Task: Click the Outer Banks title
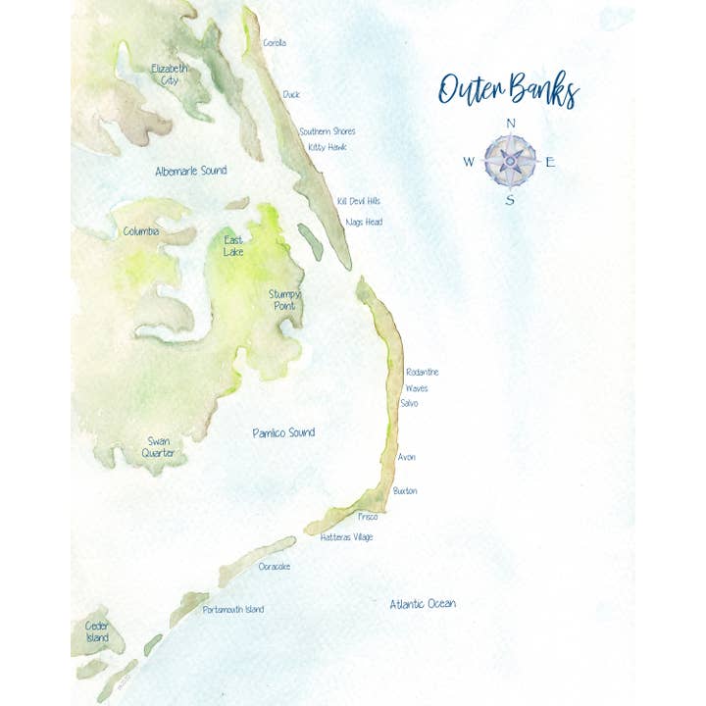point(508,90)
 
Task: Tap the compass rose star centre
point(510,160)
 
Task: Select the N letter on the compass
point(510,123)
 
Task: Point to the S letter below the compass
point(510,200)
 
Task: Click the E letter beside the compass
point(550,162)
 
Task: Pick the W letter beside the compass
point(469,162)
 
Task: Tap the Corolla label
point(275,43)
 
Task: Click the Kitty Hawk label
point(328,147)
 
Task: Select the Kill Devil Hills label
point(358,201)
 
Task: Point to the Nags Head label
point(364,223)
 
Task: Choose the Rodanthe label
point(422,373)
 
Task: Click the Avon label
point(407,458)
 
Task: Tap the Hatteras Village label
point(346,537)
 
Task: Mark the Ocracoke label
point(275,567)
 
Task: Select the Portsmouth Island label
point(232,610)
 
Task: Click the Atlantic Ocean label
point(422,604)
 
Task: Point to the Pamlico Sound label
point(283,432)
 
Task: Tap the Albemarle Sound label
point(190,171)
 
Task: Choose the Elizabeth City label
point(170,75)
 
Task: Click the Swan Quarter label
point(159,447)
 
